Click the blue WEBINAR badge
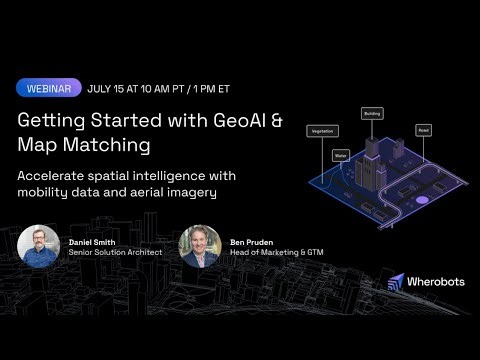(48, 88)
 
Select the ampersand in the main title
(276, 120)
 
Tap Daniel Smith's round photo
(38, 246)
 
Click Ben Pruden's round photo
(199, 246)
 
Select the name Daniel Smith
(93, 242)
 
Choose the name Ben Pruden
(250, 242)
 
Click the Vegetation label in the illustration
(322, 131)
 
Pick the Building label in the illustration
(371, 113)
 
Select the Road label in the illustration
(424, 129)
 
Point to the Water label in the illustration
(340, 155)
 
